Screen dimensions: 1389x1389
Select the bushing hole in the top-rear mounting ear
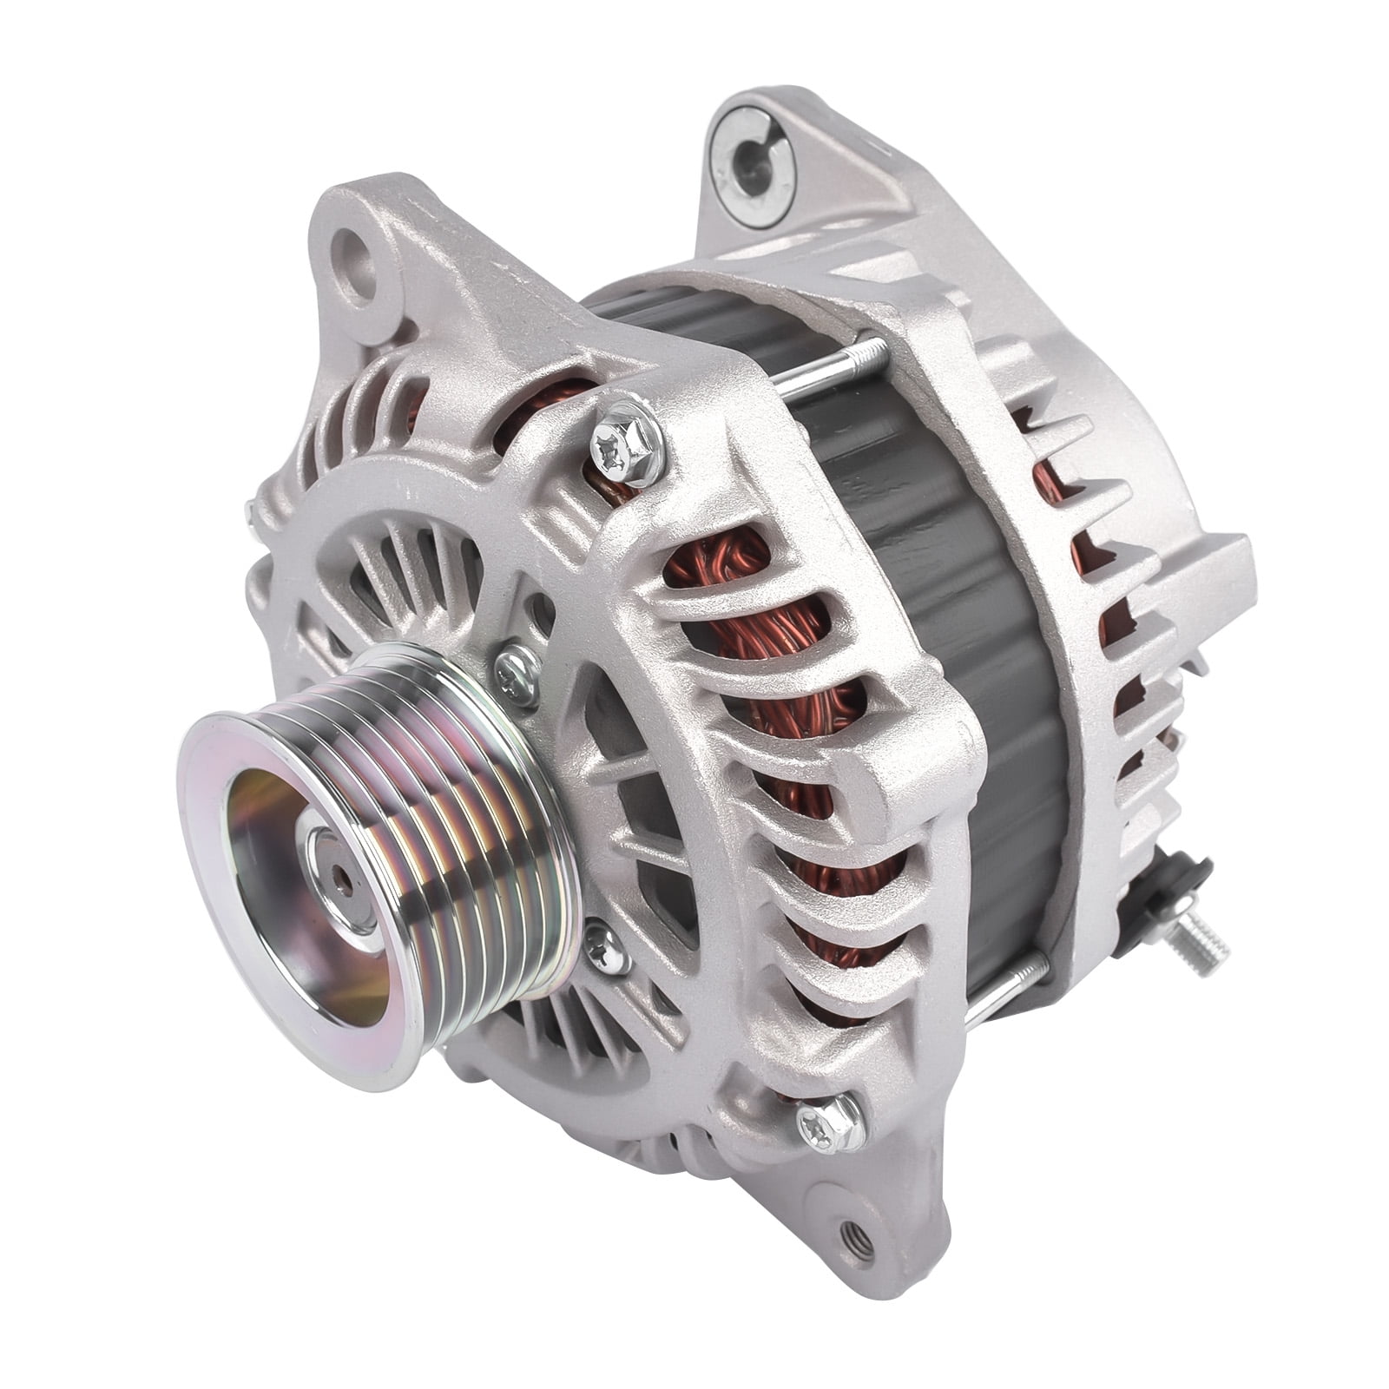(x=745, y=156)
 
